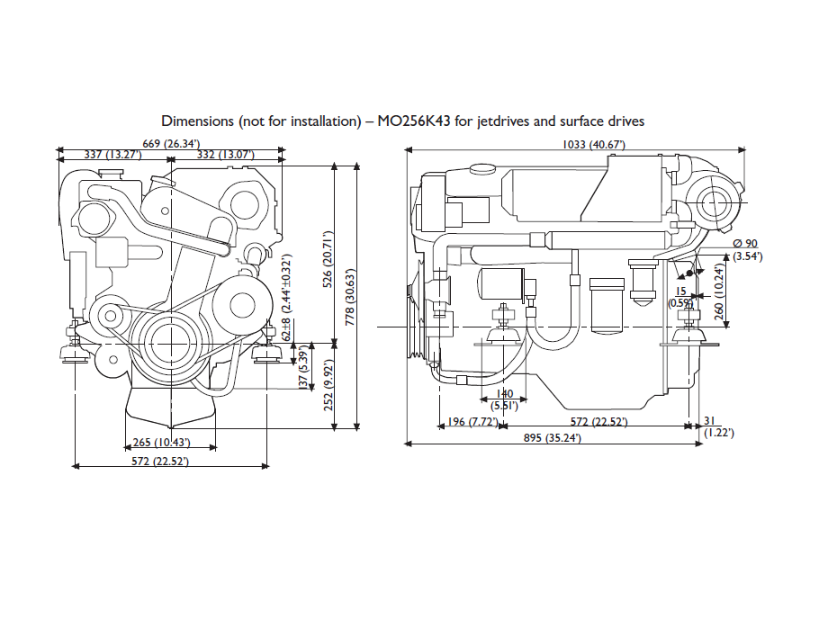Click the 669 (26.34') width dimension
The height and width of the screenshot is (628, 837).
click(171, 144)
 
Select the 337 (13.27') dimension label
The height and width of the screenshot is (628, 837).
click(112, 155)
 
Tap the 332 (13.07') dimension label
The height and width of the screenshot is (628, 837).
click(226, 155)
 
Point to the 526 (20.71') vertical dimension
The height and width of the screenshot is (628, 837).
click(328, 259)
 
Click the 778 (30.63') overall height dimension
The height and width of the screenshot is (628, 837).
click(350, 297)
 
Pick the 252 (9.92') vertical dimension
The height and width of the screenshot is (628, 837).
click(328, 385)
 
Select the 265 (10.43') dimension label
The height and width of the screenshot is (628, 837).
click(161, 443)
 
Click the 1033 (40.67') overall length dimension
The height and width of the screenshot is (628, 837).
click(594, 145)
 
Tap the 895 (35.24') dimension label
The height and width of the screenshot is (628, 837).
click(552, 438)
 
